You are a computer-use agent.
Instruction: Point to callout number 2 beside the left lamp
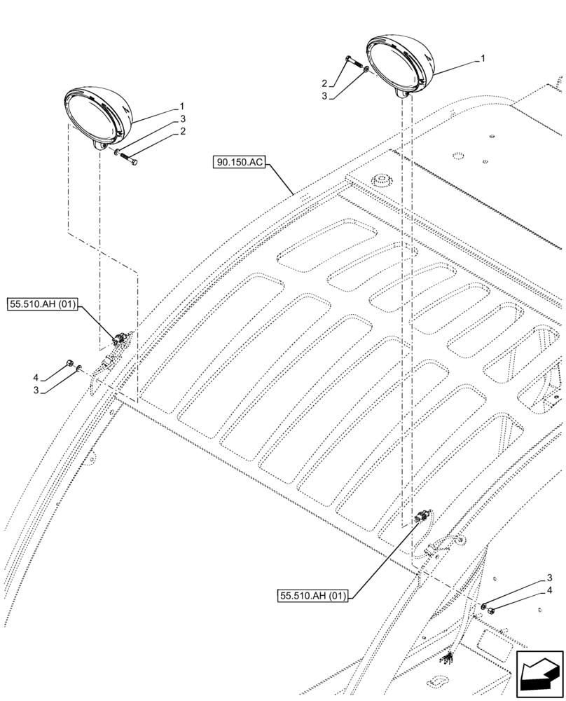click(181, 131)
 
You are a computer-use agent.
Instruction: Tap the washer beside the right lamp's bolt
click(366, 72)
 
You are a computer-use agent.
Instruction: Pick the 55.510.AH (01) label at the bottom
click(312, 596)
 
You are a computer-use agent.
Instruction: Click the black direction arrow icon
click(539, 674)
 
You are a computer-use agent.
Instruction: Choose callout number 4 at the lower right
click(549, 590)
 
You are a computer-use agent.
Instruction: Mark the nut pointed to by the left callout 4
click(70, 362)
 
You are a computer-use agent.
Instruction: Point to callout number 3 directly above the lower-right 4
click(549, 578)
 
